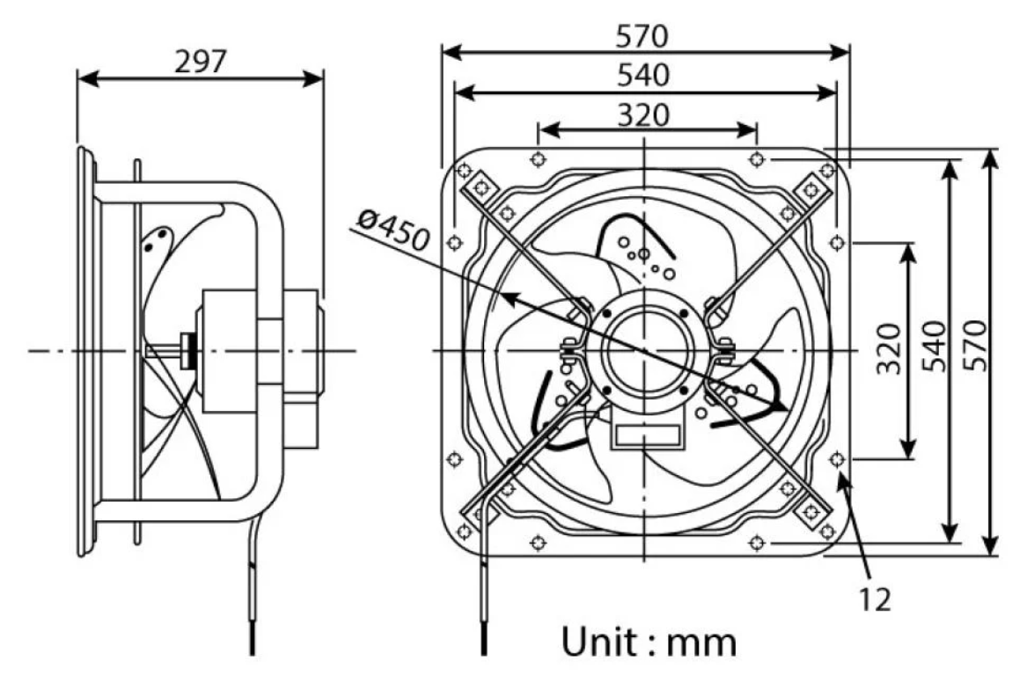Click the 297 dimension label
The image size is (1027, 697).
pos(201,62)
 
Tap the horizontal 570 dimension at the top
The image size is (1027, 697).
pos(642,36)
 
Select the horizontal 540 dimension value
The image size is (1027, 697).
pos(644,75)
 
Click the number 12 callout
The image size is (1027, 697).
pos(875,599)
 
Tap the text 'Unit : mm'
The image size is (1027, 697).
pos(649,642)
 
